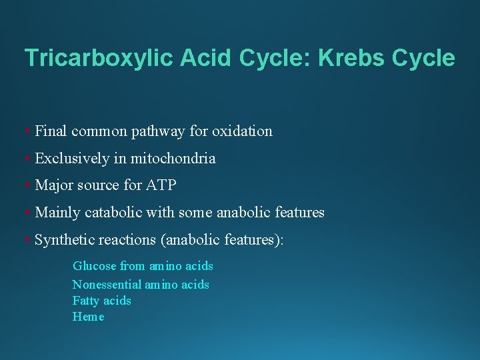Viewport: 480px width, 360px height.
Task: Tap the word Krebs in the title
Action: pyautogui.click(x=354, y=58)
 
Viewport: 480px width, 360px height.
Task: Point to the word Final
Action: pyautogui.click(x=51, y=131)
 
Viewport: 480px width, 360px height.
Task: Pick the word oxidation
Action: pyautogui.click(x=242, y=131)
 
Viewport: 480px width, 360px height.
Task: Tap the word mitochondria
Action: pyautogui.click(x=173, y=159)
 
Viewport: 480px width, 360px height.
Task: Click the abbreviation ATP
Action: pyautogui.click(x=161, y=185)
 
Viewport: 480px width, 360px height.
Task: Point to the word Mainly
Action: pyautogui.click(x=56, y=213)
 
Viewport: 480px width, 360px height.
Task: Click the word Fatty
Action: pyautogui.click(x=86, y=301)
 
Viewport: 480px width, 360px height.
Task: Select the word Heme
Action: pyautogui.click(x=89, y=317)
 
